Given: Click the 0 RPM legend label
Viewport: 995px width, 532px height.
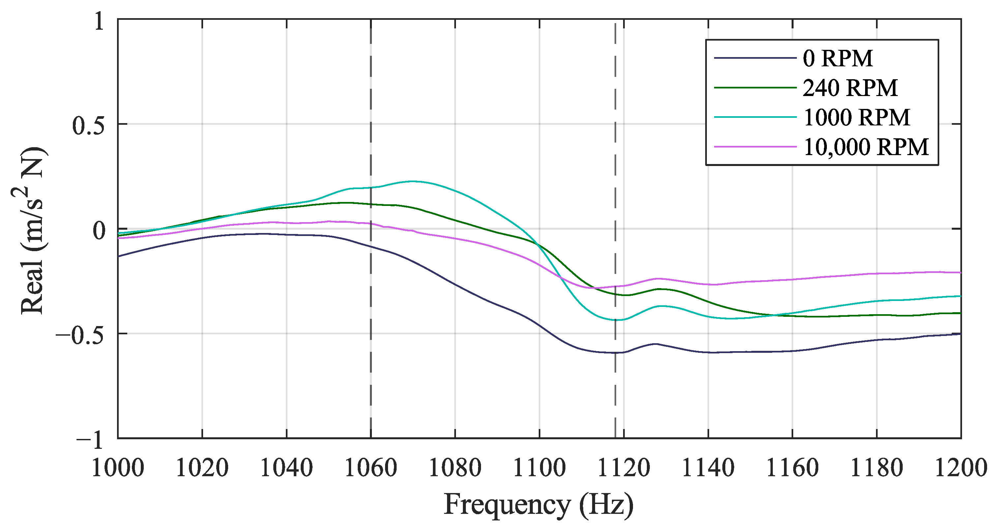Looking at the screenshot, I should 837,58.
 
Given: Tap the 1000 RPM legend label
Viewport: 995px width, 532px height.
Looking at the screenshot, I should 856,117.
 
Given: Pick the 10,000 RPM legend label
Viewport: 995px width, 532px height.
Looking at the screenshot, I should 866,147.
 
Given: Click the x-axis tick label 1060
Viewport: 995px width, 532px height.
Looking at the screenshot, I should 371,468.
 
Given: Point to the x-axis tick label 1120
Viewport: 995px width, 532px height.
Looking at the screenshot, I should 624,468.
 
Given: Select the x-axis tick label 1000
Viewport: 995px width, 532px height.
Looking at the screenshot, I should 117,468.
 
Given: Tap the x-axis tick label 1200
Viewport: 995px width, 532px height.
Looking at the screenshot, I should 960,468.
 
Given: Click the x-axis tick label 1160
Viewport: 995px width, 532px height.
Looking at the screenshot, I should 792,468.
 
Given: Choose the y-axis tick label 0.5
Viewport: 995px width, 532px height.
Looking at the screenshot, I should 88,126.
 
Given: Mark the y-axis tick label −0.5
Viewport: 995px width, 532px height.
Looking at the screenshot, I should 80,335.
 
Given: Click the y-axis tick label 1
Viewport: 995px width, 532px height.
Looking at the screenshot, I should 99,21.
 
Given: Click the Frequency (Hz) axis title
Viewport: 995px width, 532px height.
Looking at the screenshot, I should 538,505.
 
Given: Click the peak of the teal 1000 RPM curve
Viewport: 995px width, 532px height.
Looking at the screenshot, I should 412,181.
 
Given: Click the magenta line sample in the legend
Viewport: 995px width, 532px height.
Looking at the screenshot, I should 755,147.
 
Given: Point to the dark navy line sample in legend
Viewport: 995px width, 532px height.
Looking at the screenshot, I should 755,58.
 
